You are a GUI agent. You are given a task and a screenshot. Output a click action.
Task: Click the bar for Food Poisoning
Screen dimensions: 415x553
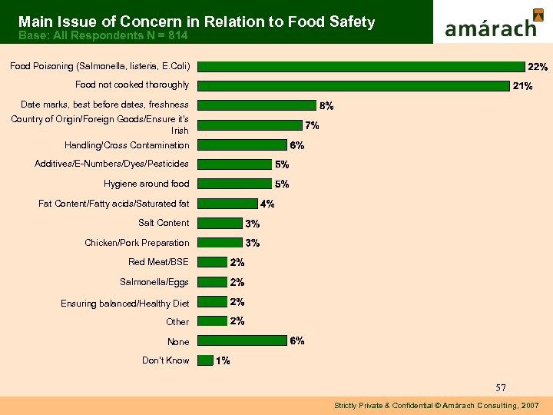[x=360, y=66]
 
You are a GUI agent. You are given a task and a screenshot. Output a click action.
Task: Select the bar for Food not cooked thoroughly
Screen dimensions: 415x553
[x=353, y=85]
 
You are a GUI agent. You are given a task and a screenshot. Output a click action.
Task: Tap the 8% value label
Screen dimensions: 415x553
[x=326, y=105]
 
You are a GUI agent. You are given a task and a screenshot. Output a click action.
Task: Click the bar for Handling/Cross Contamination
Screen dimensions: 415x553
[x=241, y=144]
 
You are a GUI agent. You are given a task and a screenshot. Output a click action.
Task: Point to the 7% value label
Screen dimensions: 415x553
[x=313, y=125]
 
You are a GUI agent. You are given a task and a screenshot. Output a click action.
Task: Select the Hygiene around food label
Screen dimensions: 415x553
[x=146, y=184]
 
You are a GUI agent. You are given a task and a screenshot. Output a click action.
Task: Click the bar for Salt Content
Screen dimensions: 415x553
[x=220, y=223]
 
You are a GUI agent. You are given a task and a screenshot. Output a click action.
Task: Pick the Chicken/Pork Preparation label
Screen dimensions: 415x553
[x=137, y=243]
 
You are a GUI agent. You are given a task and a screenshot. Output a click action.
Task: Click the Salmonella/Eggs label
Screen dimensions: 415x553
[x=154, y=282]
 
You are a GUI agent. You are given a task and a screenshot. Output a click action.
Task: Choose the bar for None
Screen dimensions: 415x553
[x=241, y=341]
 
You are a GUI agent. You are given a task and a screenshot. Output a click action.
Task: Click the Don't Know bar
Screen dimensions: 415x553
[x=205, y=360]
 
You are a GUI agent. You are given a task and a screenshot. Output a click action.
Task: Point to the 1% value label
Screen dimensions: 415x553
[x=223, y=361]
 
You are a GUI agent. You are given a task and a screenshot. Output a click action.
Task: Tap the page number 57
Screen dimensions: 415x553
[x=500, y=387]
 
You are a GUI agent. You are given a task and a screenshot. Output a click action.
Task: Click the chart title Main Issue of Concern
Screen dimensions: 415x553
[x=197, y=22]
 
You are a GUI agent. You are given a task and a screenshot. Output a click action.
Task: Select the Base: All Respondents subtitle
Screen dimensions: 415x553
[x=103, y=35]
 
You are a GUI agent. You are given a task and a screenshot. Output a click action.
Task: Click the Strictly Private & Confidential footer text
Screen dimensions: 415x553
[x=436, y=405]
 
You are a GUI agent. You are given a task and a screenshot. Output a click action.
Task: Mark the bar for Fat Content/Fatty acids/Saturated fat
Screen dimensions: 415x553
[x=227, y=204]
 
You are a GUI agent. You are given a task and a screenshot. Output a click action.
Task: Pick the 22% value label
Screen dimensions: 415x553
[x=536, y=67]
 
